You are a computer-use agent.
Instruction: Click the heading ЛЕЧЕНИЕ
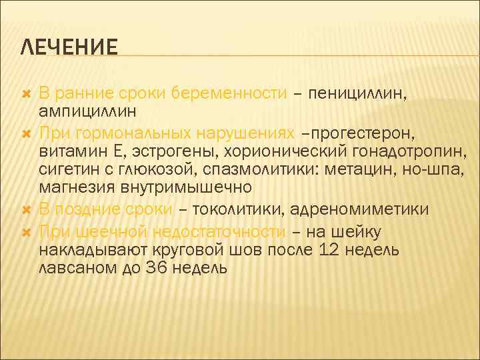(69, 47)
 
